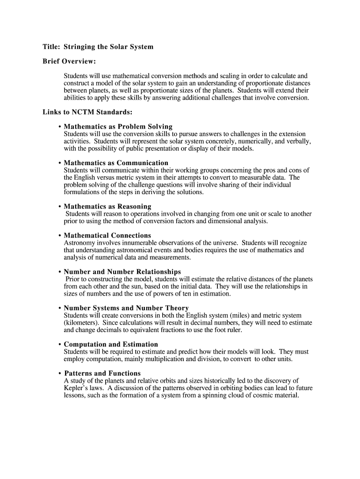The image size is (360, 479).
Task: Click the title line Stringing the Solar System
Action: click(x=98, y=47)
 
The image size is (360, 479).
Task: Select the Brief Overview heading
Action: click(x=69, y=61)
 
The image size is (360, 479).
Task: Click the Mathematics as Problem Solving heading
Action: click(x=118, y=127)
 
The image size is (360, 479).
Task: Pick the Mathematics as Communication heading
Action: click(x=116, y=163)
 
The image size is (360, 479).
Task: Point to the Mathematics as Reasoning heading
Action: click(x=108, y=207)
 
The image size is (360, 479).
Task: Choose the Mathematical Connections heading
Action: click(x=108, y=236)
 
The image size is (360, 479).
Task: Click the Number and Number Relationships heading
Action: click(x=122, y=272)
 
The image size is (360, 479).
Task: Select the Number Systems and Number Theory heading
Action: click(x=126, y=308)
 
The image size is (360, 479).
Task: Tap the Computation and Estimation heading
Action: click(x=111, y=345)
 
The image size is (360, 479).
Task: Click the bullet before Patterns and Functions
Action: click(x=60, y=374)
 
